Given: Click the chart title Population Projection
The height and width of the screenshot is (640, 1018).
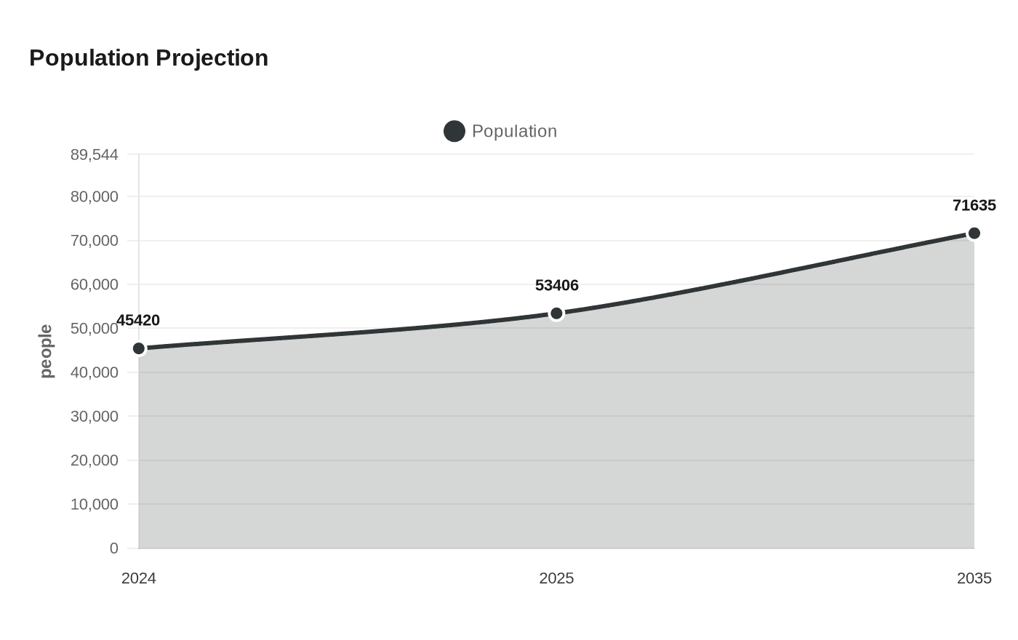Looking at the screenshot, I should point(148,58).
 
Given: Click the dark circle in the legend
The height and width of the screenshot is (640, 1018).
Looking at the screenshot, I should point(454,132).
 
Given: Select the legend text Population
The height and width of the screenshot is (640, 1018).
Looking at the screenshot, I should point(514,132).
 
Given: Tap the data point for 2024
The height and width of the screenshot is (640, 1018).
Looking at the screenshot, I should point(139,348).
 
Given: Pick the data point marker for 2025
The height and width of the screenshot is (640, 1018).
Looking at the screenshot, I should point(556,313).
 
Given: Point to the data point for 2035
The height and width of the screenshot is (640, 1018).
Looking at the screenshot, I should point(974,233).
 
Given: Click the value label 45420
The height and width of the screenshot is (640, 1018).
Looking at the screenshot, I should point(138,321).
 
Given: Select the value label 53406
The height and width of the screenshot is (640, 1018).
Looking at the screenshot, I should point(556,286).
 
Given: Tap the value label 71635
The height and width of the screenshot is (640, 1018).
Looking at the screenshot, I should point(974,206).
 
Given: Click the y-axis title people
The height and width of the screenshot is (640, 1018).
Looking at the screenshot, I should point(47,351).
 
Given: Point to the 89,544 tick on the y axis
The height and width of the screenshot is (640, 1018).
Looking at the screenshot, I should point(95,155).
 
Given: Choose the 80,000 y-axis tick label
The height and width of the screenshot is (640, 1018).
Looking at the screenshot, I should point(95,197).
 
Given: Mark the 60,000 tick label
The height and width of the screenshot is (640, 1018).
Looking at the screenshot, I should point(95,285).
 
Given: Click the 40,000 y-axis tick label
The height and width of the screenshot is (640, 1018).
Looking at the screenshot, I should point(95,372).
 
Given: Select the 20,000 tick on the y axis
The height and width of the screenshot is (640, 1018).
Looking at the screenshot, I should point(95,460).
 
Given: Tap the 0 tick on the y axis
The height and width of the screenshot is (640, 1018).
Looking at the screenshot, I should point(113,548).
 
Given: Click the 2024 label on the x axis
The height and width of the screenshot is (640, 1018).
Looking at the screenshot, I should point(139,579).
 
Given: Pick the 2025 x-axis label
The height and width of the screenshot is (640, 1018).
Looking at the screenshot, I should point(556,579).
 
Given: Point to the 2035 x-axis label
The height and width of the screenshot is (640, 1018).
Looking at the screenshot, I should point(974,579).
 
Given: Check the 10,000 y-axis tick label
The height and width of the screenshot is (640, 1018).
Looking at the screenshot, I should point(95,504).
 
